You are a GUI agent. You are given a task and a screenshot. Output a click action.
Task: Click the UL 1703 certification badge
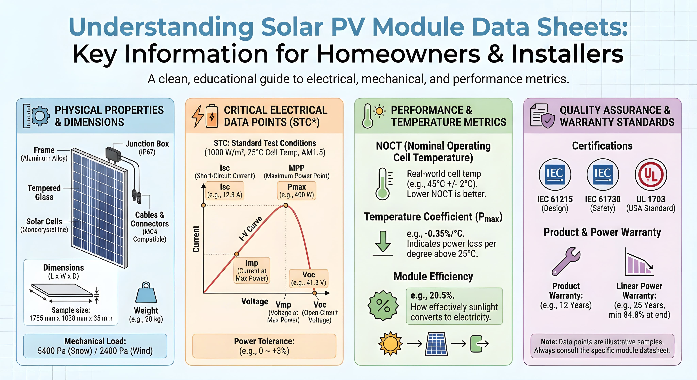pos(651,175)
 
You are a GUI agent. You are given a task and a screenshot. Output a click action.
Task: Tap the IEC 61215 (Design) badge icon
pos(555,175)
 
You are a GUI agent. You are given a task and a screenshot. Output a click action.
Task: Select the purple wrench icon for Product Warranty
pos(565,261)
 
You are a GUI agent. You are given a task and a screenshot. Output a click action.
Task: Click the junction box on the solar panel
pos(113,154)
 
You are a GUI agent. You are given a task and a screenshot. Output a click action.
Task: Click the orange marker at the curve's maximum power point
pos(286,205)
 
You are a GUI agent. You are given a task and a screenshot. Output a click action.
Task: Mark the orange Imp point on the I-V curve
pos(237,254)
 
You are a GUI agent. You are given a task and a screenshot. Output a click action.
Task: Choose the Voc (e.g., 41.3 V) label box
pos(309,278)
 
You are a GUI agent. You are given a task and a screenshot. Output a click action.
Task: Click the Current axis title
pos(196,239)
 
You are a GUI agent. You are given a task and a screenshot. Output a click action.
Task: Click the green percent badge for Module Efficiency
pos(383,306)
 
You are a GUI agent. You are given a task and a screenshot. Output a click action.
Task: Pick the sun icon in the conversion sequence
pos(390,344)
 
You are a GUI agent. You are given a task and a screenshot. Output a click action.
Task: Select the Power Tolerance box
pos(264,346)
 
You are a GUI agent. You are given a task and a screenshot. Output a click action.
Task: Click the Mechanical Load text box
pos(95,346)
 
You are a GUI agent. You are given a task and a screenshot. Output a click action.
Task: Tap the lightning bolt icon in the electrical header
pos(198,116)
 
